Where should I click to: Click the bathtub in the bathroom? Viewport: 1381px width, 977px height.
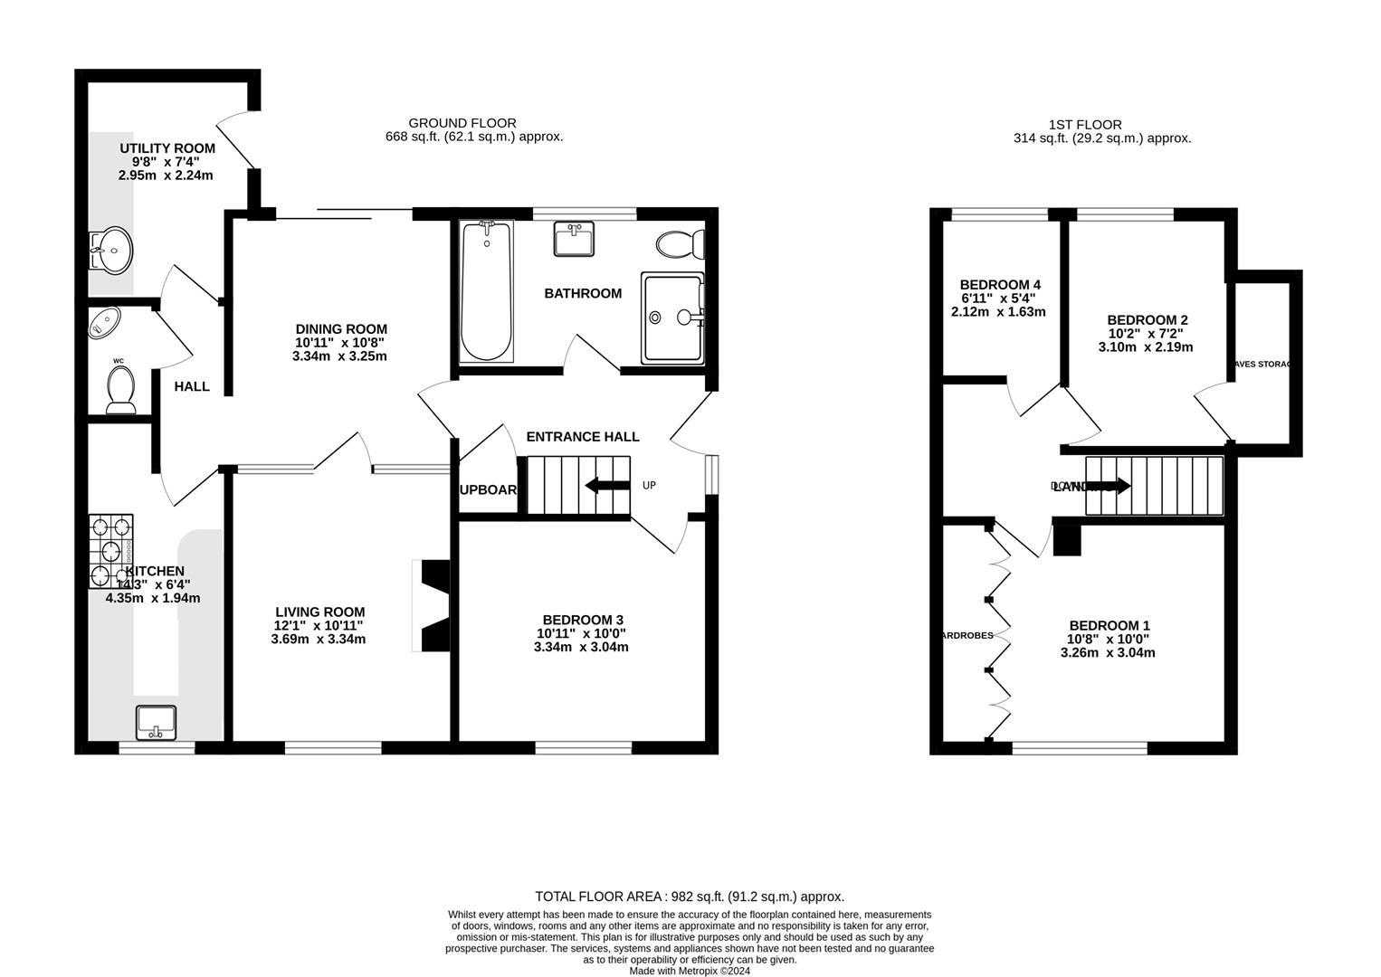tap(486, 291)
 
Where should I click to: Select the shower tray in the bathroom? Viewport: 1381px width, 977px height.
tap(671, 318)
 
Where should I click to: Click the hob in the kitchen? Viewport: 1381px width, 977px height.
tap(110, 551)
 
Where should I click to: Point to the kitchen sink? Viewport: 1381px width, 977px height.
tap(157, 722)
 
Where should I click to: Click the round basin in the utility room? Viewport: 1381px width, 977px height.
tap(111, 248)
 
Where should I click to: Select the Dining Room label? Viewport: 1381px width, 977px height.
tap(341, 329)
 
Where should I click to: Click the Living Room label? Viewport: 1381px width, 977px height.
tap(319, 612)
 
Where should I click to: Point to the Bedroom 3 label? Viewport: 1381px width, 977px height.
tap(582, 620)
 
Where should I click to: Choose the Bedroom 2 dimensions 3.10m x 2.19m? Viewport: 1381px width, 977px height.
tap(1146, 347)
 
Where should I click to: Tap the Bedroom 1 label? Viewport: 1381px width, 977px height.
tap(1109, 626)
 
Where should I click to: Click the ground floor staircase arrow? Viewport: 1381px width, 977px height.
tap(607, 486)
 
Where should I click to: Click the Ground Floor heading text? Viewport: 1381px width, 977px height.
tap(462, 123)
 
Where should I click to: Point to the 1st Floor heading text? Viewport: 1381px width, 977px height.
tap(1085, 125)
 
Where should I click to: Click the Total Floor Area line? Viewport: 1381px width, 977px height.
tap(690, 896)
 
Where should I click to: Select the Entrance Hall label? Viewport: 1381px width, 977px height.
tap(583, 436)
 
